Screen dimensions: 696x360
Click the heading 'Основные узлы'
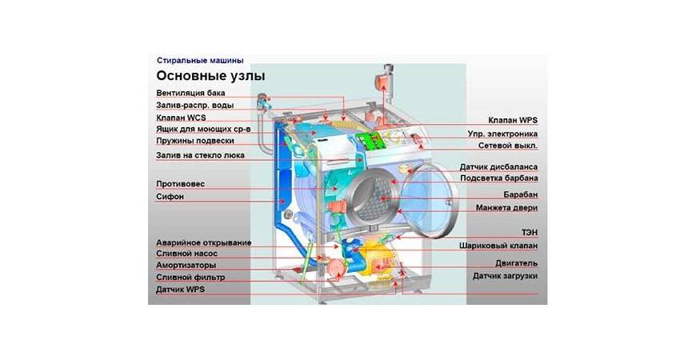(210, 76)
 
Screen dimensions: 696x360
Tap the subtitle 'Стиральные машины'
(199, 60)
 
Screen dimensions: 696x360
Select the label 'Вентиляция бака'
(190, 93)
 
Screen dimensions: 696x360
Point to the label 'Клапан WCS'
(181, 117)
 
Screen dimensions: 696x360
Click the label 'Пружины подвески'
(194, 140)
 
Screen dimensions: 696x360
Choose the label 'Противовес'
(180, 184)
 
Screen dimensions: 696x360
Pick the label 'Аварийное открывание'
(203, 242)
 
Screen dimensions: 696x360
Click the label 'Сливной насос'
(187, 254)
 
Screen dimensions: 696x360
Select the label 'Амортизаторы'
(186, 265)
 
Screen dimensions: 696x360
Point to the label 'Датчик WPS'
(180, 290)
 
